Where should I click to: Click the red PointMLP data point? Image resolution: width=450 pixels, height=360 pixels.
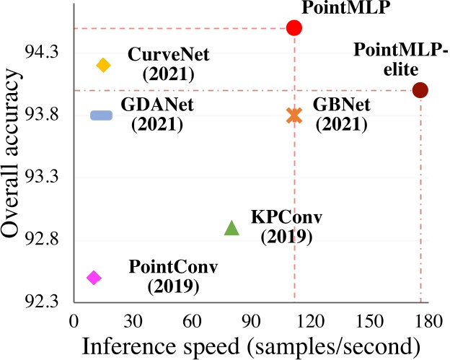coord(294,28)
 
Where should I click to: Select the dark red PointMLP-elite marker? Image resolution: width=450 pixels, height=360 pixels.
coord(420,90)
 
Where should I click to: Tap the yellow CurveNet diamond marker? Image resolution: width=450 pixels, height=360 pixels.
coord(103,65)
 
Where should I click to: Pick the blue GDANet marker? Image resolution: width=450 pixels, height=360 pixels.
coord(101,115)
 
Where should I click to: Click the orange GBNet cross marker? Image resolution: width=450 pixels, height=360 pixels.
coord(294,115)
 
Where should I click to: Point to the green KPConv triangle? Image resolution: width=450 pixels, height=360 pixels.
coord(231,228)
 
